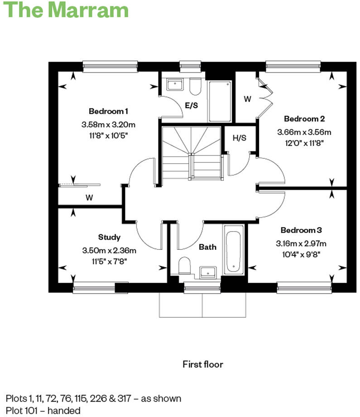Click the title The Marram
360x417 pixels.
[67, 10]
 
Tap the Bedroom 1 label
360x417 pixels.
[109, 111]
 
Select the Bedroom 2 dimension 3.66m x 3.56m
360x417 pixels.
[304, 132]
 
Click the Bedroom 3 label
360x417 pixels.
[301, 230]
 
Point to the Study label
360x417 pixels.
[109, 237]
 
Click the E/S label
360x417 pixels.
[192, 105]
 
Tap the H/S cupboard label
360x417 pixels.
[239, 138]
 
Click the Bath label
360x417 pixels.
[207, 247]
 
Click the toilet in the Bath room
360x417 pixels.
[184, 266]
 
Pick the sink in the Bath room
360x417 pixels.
[208, 272]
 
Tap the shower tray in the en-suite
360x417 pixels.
[220, 101]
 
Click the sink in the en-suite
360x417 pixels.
[174, 84]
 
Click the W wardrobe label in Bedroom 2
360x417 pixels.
[247, 99]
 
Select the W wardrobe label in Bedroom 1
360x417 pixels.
[89, 197]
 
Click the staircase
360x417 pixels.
[192, 153]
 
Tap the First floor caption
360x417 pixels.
[203, 364]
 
